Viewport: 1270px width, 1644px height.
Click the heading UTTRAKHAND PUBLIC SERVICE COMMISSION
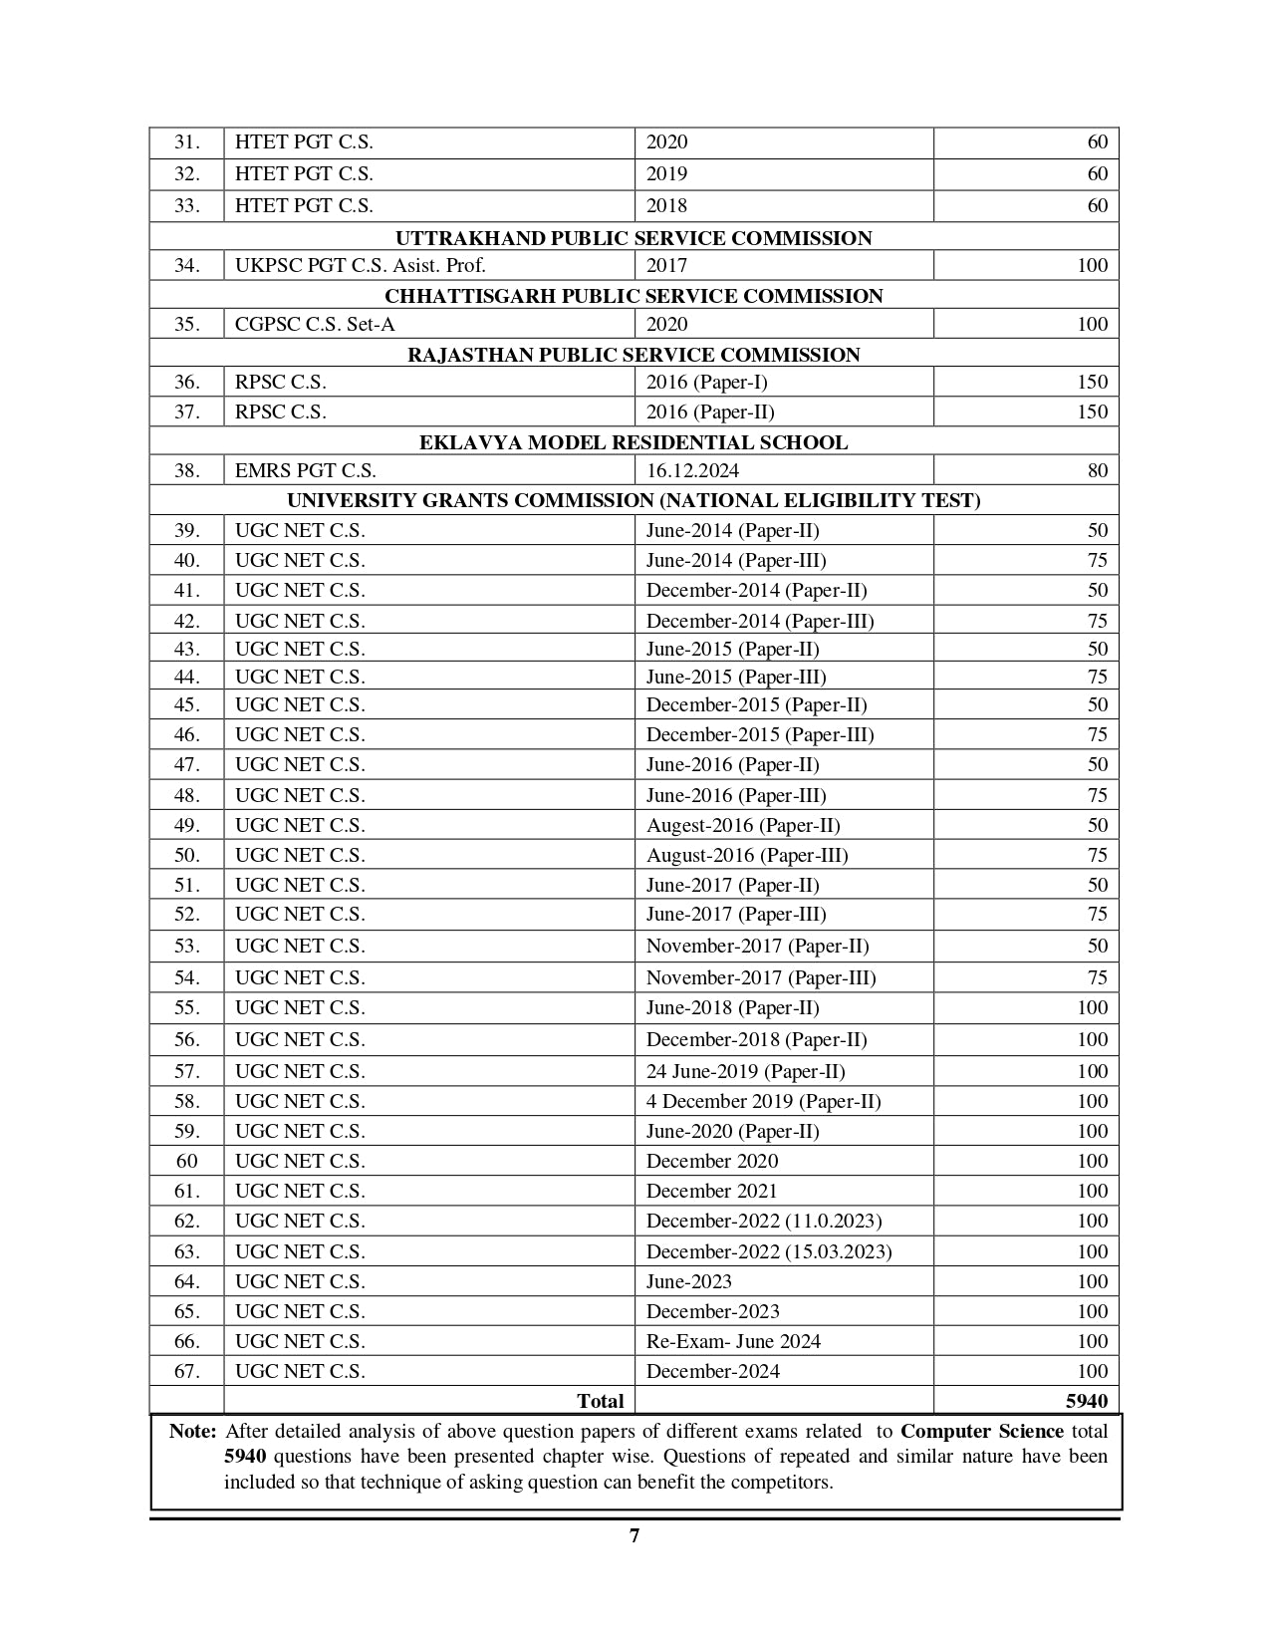[634, 238]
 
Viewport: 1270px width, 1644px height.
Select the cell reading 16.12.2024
[692, 470]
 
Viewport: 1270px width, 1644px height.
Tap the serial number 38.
[187, 470]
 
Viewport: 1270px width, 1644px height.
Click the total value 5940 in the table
[1086, 1401]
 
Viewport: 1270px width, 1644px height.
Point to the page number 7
[635, 1535]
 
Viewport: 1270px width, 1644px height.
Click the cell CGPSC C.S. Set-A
[301, 324]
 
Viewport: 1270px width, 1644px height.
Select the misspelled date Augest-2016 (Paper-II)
[743, 825]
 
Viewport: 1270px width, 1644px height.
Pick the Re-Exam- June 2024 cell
[733, 1341]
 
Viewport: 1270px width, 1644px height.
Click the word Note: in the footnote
[192, 1432]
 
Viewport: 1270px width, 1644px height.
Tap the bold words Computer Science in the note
[981, 1432]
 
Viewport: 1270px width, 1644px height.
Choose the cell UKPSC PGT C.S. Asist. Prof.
[360, 265]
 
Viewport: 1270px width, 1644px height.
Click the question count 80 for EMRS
[1097, 470]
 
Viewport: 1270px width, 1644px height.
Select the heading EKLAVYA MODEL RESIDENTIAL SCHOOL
[634, 442]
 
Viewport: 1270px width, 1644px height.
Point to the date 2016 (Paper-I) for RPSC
[706, 382]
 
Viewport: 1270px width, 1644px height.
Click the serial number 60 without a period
[187, 1161]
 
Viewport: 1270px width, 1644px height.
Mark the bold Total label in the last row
[600, 1401]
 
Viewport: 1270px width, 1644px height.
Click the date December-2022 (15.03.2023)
[768, 1251]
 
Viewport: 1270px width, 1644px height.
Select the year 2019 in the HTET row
[666, 173]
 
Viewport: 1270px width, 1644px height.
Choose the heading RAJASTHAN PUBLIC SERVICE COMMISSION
[634, 355]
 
